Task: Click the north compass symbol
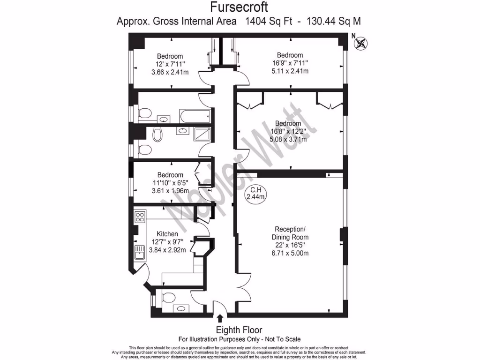coord(361,44)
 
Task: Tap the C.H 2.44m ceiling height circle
coord(256,194)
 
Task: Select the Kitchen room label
coord(167,234)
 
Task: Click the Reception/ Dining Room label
coord(290,233)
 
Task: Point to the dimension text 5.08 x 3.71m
coord(288,139)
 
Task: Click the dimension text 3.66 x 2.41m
coord(170,72)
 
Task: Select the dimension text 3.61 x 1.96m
coord(170,191)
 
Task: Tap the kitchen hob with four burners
coord(140,217)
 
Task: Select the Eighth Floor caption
coord(239,330)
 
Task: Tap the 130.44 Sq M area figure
coord(333,21)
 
